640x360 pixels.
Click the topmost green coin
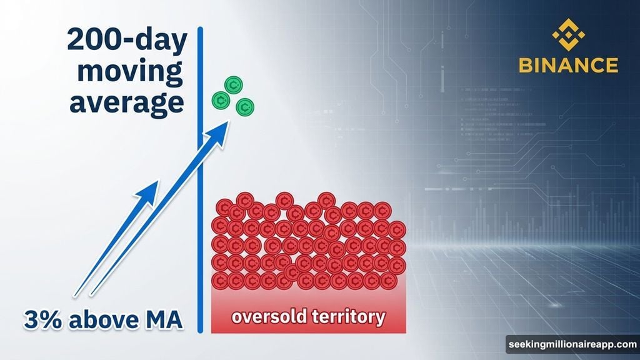coord(235,84)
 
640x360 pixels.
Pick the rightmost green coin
coord(245,107)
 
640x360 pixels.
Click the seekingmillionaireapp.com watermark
coord(571,344)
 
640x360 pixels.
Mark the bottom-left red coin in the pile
coord(221,279)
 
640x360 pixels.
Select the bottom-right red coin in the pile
coord(396,279)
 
